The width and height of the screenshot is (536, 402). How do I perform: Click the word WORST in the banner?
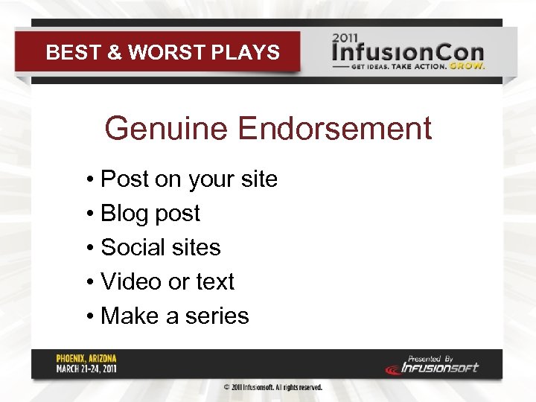(x=157, y=53)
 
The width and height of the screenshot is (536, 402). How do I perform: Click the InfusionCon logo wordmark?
(x=408, y=54)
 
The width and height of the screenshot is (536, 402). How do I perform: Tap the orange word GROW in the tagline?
(x=468, y=66)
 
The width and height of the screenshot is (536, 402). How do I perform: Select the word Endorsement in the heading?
(x=334, y=128)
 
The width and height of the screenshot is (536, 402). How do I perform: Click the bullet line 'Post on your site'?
(x=188, y=179)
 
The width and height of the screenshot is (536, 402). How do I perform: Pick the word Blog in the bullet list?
(x=122, y=214)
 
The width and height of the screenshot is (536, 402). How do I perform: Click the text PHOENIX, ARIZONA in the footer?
(x=86, y=358)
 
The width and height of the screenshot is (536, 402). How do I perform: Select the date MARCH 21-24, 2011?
(x=86, y=368)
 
